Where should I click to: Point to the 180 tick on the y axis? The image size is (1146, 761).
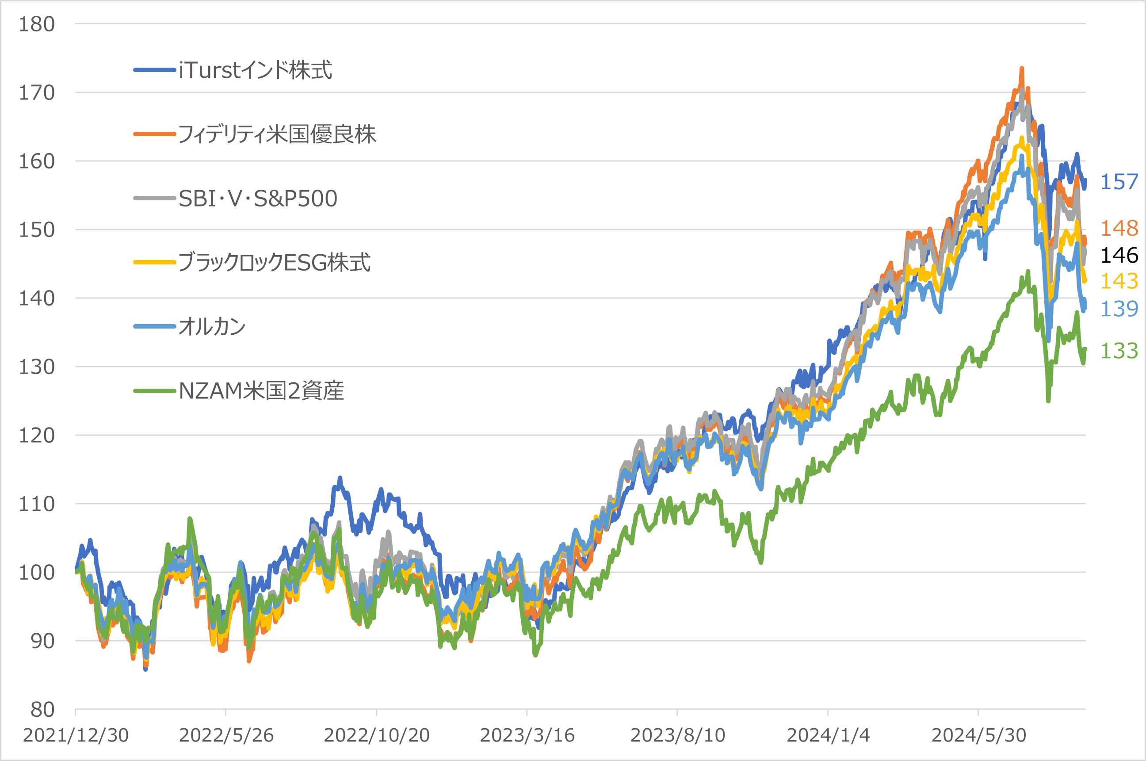pos(37,24)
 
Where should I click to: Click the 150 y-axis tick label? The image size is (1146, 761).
pos(37,230)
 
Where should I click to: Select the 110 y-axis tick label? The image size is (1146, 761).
pos(37,504)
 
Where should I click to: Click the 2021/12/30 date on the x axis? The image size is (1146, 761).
pos(76,735)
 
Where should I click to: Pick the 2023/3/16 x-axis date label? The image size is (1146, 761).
pos(527,735)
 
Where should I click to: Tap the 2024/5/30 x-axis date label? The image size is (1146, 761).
pos(978,735)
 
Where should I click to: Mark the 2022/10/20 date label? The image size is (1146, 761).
pos(377,735)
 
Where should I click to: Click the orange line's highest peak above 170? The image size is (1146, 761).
pos(1022,69)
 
